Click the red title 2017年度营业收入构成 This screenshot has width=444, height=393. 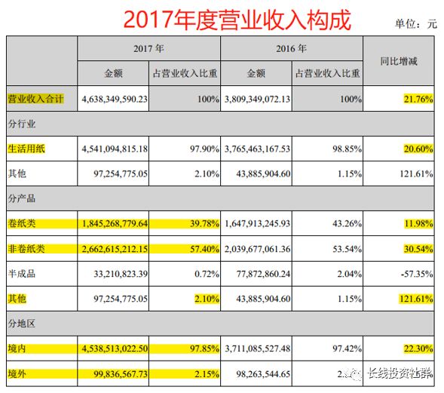(x=236, y=20)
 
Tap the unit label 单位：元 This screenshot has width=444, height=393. (x=415, y=23)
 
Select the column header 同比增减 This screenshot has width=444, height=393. (x=401, y=61)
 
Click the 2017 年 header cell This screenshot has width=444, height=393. (x=149, y=48)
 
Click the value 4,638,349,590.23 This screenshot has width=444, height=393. (x=125, y=98)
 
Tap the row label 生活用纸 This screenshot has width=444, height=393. (x=26, y=149)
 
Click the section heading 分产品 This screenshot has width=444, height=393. (x=22, y=198)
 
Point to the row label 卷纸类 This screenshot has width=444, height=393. (x=22, y=223)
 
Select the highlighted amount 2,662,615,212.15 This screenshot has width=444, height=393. (x=125, y=248)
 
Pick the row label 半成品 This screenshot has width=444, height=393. (x=22, y=273)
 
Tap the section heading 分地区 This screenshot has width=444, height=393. (x=22, y=323)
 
